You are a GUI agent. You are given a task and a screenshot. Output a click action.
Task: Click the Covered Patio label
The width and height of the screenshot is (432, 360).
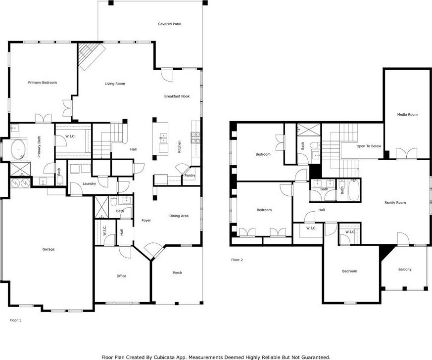[x=169, y=24]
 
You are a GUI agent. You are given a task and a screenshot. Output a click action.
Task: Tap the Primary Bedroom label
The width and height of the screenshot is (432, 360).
[x=43, y=83]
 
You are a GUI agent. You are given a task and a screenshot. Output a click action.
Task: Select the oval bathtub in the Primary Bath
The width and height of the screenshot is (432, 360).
[x=18, y=150]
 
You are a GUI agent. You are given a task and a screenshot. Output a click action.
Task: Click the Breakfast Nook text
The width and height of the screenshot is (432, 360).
[x=177, y=96]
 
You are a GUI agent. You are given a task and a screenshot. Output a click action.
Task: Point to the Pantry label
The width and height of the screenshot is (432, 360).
[x=190, y=176]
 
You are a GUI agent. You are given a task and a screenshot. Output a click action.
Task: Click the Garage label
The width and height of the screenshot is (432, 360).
[x=48, y=249]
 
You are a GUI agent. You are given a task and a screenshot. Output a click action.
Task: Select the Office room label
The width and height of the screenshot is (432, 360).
[x=121, y=276]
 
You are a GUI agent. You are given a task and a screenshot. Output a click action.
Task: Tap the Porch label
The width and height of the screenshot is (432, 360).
[x=177, y=272]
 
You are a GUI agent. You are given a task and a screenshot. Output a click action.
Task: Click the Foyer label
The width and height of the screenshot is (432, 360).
[x=146, y=221]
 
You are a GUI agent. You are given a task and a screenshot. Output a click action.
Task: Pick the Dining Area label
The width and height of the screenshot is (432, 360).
[x=179, y=216]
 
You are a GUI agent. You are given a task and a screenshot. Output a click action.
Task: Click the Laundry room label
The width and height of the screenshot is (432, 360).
[x=89, y=183]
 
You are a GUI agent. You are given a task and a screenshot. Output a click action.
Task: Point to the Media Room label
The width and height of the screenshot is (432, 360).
[x=407, y=115]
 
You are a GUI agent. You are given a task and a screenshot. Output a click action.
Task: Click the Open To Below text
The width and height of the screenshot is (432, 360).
[x=369, y=146]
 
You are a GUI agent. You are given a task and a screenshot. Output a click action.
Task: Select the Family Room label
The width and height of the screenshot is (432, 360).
[x=395, y=203]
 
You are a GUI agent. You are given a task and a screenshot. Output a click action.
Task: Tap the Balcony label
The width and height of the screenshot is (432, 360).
[x=405, y=270]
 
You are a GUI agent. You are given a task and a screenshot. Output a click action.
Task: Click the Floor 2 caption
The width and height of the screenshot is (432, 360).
[x=237, y=260]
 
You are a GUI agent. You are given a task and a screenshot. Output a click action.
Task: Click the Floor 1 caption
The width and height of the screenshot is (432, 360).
[x=15, y=320]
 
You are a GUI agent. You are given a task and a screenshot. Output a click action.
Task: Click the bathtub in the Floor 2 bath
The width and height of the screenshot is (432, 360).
[x=353, y=190]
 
